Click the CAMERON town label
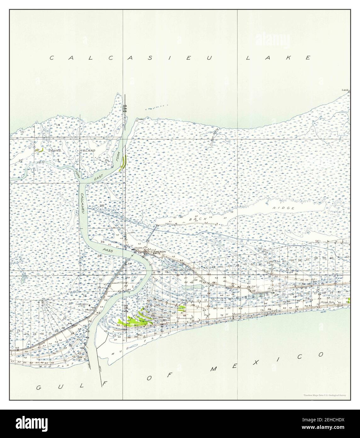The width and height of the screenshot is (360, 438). pyautogui.click(x=158, y=252)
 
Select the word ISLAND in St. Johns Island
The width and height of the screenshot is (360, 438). pyautogui.click(x=88, y=151)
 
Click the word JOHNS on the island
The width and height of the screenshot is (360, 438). pyautogui.click(x=54, y=151)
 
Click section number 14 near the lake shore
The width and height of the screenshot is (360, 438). pyautogui.click(x=58, y=125)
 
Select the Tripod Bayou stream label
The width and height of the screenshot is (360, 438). pyautogui.click(x=214, y=140)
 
